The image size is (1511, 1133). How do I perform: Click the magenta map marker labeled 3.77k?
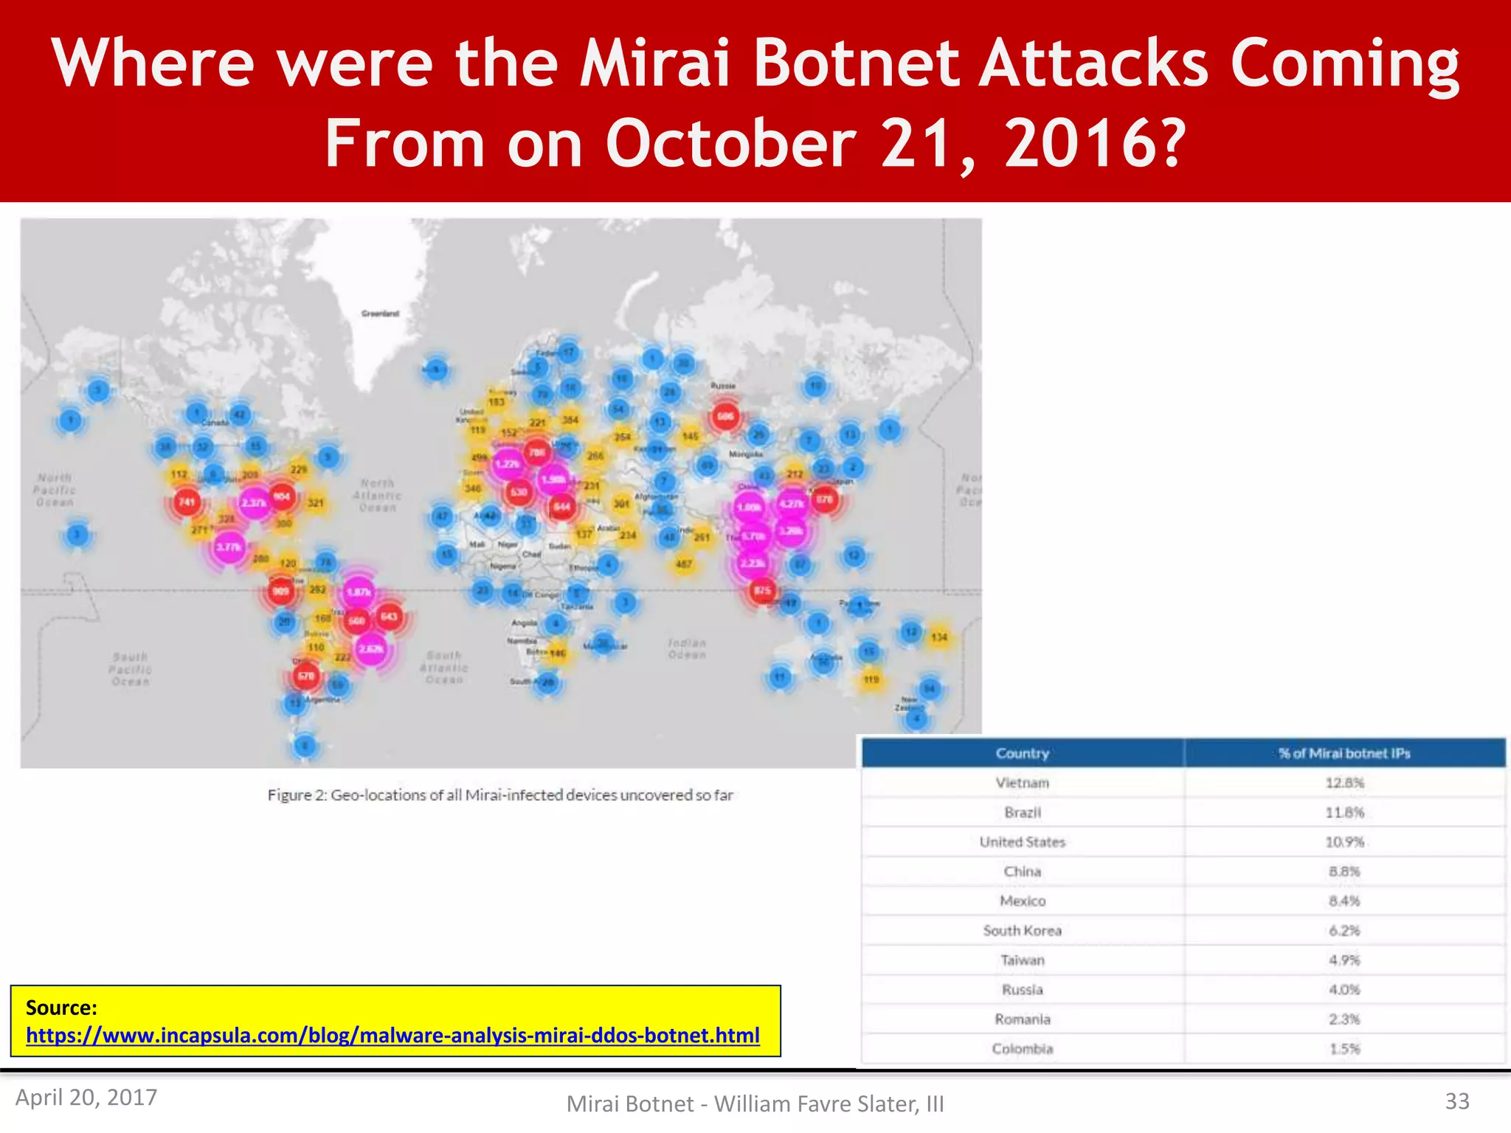coord(229,547)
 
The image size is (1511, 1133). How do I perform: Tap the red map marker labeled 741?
coord(187,502)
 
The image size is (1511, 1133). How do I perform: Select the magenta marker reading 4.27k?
coord(792,504)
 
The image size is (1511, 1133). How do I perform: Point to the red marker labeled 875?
coord(762,590)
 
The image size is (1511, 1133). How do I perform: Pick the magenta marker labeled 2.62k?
coord(371,648)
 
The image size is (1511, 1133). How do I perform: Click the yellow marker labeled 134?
coord(938,637)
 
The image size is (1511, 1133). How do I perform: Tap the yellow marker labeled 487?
coord(684,564)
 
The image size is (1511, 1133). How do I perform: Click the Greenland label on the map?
coord(380,313)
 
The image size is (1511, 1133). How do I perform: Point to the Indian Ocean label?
coord(687,648)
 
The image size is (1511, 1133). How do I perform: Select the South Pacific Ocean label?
coord(131,669)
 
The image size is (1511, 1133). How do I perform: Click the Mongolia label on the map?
coord(745,454)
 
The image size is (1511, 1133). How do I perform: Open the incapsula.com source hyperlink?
coord(393,1036)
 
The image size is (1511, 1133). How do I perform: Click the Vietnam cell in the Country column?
coord(1022,783)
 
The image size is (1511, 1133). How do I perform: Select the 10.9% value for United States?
coord(1344,842)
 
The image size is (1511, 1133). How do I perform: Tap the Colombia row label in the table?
coord(1022,1049)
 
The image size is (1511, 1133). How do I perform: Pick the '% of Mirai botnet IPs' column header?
coord(1344,753)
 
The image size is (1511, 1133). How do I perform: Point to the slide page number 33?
coord(1457,1101)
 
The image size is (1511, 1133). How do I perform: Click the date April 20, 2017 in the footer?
coord(86,1098)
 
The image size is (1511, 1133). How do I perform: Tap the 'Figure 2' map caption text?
coord(500,795)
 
